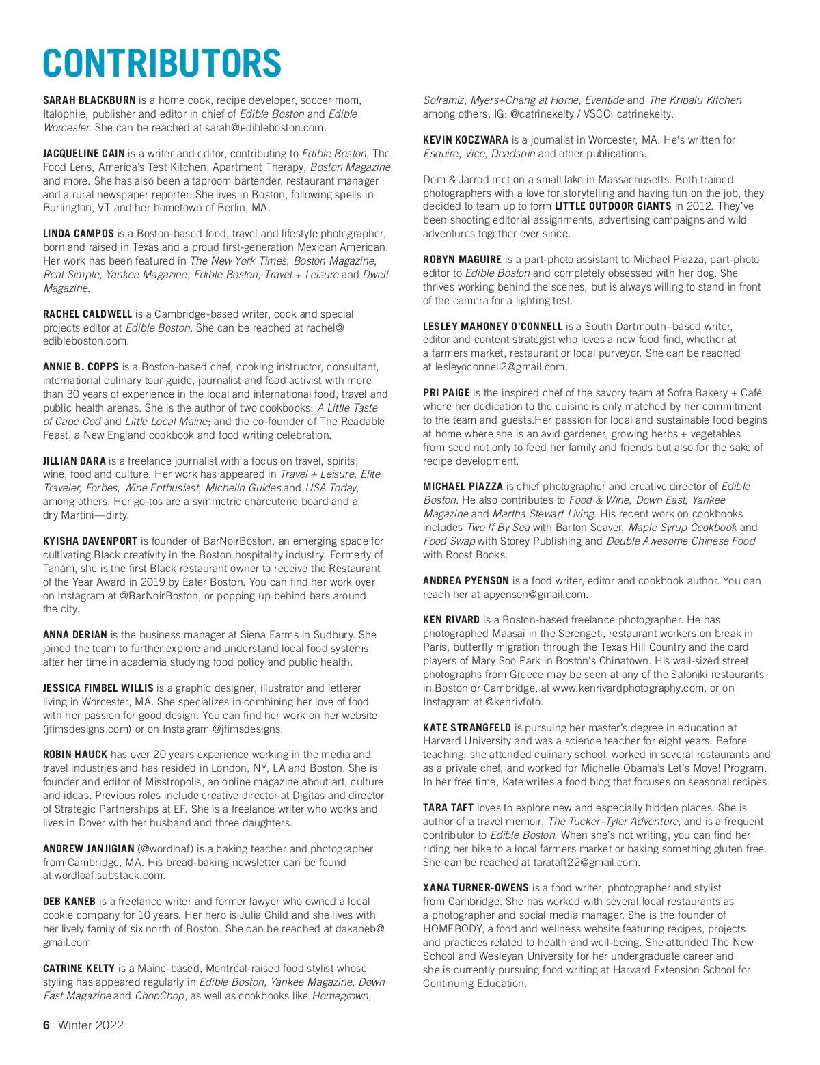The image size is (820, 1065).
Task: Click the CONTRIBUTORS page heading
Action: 162,64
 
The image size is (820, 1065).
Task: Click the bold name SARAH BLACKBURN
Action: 90,100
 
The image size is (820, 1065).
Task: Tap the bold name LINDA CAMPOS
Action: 79,234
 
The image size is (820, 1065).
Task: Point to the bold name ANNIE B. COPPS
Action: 81,367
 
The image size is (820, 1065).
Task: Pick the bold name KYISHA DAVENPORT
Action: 90,541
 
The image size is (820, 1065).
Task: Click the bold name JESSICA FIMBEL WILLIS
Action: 98,688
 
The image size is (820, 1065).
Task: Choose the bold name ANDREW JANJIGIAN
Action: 88,849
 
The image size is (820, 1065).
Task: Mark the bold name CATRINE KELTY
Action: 79,969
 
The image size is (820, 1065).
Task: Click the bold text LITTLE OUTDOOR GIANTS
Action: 613,206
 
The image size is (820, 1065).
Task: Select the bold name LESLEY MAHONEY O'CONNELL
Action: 493,327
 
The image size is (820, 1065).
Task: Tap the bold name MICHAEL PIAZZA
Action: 463,487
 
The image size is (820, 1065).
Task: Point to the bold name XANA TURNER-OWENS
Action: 476,888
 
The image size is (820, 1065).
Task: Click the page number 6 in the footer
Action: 46,1025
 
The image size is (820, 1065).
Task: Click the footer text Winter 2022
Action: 91,1025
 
